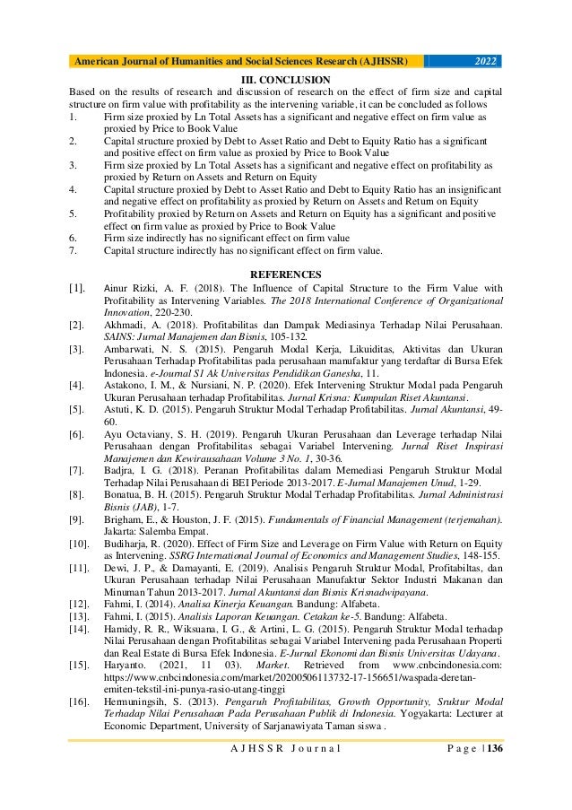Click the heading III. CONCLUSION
point(285,80)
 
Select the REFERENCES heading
point(286,272)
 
